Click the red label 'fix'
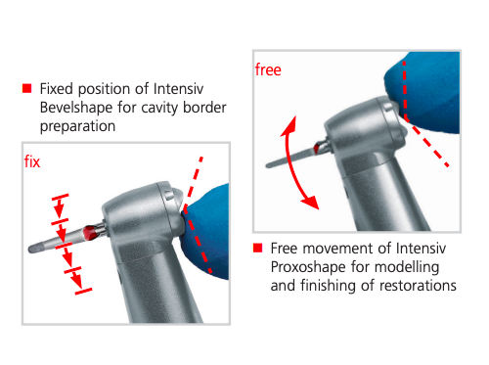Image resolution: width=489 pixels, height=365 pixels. coord(32,161)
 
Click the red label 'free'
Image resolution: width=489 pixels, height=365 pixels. coord(268,69)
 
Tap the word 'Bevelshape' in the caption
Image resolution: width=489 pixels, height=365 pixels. coord(76,108)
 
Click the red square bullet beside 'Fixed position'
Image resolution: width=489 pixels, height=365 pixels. coord(27,88)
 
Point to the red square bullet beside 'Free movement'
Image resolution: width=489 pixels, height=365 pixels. coord(257,248)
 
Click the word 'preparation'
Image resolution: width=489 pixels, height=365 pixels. coord(77,126)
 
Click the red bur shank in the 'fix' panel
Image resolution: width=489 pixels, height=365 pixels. coord(90,233)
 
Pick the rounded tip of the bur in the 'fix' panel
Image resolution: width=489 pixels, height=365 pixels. coord(32,250)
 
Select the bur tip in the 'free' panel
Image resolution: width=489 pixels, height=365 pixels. coord(269,165)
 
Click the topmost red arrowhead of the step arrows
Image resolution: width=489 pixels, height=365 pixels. coord(59,210)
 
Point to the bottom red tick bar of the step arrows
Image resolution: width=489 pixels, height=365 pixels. coord(83,292)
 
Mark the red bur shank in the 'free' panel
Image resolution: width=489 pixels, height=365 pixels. coord(317,149)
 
